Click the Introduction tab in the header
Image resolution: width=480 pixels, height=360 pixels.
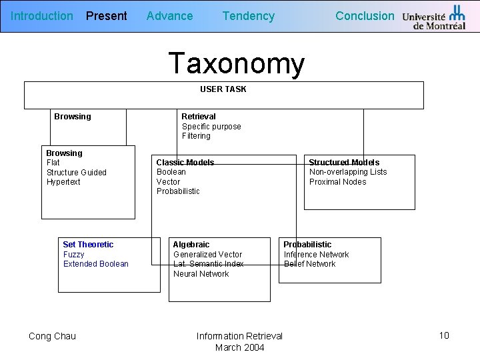coord(42,16)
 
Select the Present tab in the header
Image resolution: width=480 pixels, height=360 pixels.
coord(107,16)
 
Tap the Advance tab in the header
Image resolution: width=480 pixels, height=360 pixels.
coord(169,16)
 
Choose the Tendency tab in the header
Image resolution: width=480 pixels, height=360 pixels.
coord(248,16)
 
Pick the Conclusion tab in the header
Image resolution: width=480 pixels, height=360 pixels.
coord(365,16)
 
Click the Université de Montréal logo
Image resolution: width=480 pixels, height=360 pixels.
coord(434,17)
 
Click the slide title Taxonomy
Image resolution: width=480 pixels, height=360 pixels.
coord(237,63)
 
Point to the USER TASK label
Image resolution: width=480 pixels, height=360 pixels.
coord(223,89)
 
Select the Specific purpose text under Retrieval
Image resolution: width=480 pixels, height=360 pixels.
coord(211,127)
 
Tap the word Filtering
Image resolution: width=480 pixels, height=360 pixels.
coord(196,136)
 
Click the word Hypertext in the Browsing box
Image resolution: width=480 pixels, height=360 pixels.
coord(63,182)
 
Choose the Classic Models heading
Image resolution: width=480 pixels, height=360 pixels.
coord(185,163)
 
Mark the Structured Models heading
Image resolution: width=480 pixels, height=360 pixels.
coord(344,163)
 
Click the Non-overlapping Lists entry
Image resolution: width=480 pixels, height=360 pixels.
coord(348,172)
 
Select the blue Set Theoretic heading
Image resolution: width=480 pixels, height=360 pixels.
coord(88,245)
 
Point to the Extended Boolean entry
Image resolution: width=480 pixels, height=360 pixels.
coord(96,264)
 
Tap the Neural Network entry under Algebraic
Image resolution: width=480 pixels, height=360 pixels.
coord(201,274)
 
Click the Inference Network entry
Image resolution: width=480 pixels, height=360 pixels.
coord(316,255)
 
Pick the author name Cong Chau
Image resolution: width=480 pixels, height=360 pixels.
coord(52,336)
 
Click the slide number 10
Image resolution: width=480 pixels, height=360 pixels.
coord(444,335)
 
